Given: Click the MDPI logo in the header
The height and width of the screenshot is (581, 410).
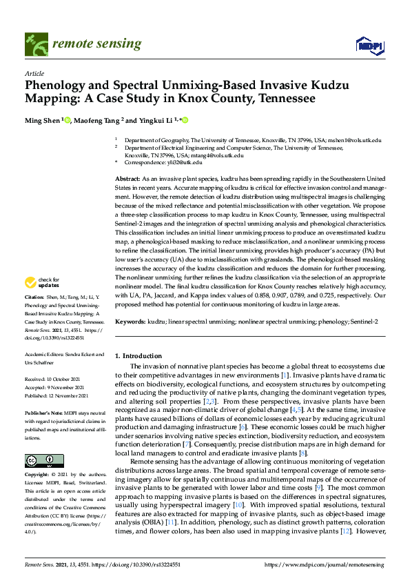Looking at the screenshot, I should click(x=368, y=46).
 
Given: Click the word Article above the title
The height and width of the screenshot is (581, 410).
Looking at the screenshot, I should click(x=34, y=73).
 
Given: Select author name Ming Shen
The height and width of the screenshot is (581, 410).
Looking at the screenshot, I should click(x=43, y=120).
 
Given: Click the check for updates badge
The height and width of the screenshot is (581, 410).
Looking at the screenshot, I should click(x=42, y=282).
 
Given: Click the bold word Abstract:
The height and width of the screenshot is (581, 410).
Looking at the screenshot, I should click(x=129, y=179).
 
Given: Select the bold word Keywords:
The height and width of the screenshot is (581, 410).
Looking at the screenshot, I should click(x=130, y=322).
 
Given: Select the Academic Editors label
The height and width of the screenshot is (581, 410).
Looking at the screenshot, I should click(x=49, y=354).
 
